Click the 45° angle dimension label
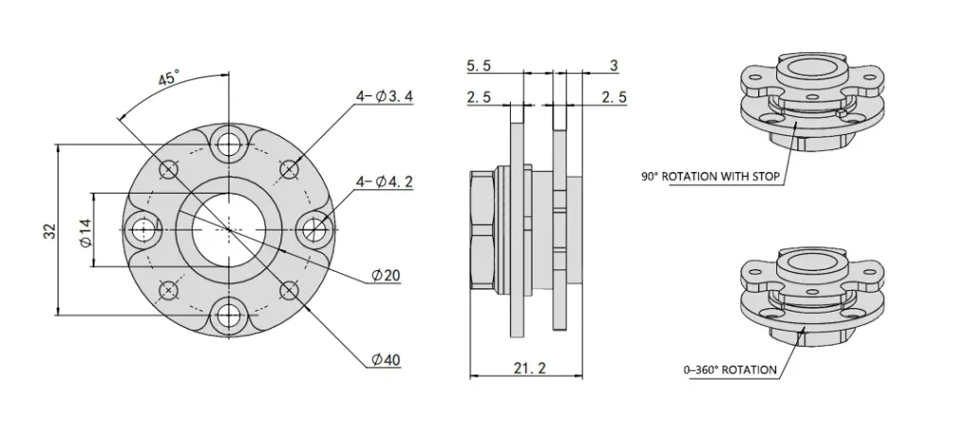(168, 79)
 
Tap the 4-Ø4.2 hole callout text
(383, 182)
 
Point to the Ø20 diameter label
(386, 275)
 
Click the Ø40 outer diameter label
(386, 361)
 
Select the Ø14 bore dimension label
(84, 231)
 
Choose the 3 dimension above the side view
(614, 65)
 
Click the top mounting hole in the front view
(228, 144)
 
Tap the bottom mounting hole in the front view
(228, 314)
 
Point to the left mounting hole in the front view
(144, 229)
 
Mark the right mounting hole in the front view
(313, 229)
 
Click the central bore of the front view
(228, 229)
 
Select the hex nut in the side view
(483, 229)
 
